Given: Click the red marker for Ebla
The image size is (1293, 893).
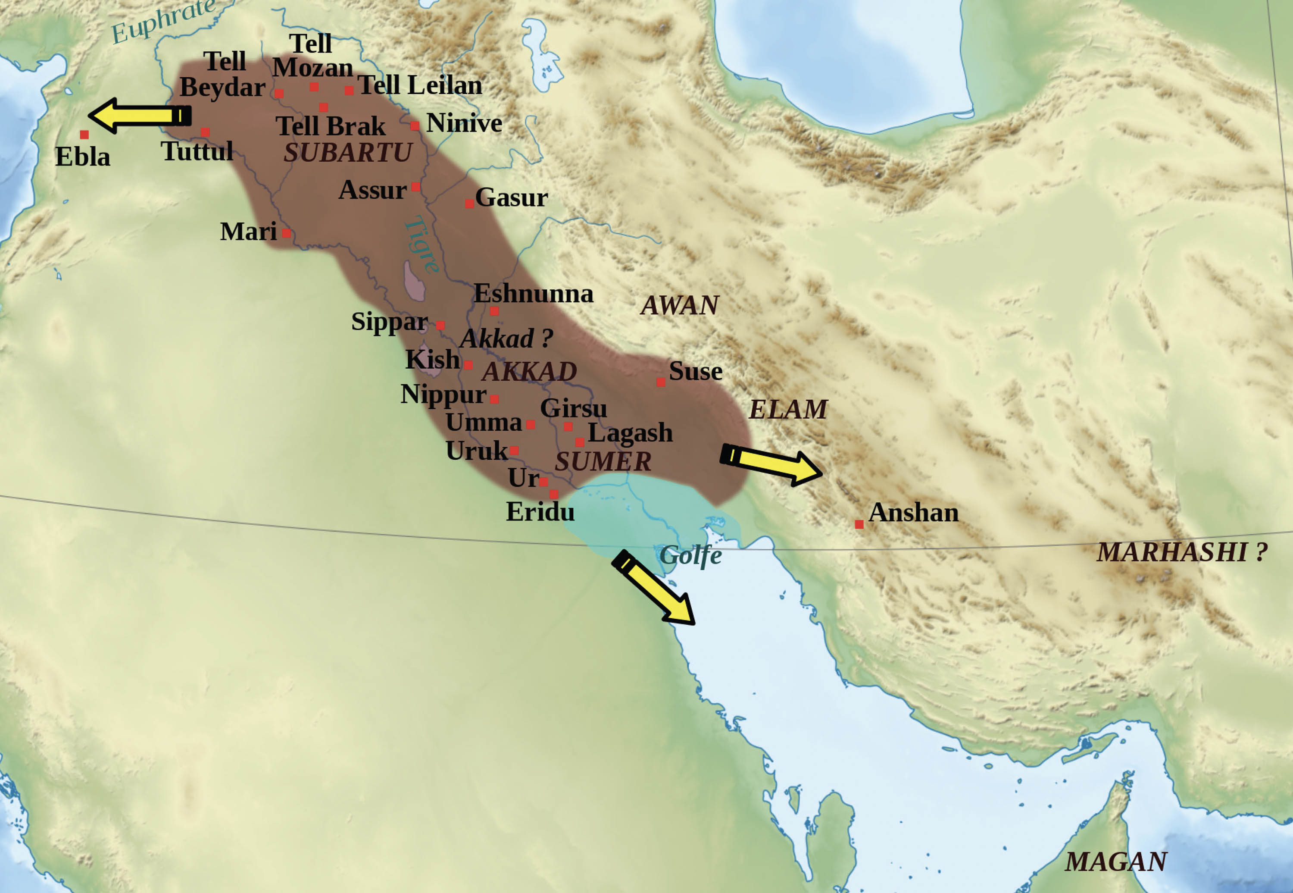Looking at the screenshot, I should coord(84,134).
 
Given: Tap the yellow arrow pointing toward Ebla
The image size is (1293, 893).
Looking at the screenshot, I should coord(140,116).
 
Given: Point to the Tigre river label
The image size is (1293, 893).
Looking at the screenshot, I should coord(422,244).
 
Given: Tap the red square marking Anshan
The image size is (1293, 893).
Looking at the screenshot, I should coord(859,524).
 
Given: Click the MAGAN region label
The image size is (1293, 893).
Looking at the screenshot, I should coord(1116,862).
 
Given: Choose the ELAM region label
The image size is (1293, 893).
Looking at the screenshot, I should coord(788,410).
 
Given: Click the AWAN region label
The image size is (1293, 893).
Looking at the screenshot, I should coord(680,305).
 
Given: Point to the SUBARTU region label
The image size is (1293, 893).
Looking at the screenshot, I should coord(348,153).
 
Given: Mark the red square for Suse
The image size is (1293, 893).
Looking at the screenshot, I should coord(660,382).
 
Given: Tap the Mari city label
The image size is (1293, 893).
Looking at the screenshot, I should coord(248,232).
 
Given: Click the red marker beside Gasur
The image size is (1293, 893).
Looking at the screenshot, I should coord(469,204).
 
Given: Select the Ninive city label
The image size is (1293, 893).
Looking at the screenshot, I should coord(464,123).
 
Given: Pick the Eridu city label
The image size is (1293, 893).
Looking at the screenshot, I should coord(540,512).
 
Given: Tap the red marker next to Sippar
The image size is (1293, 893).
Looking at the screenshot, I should coord(440,325).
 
